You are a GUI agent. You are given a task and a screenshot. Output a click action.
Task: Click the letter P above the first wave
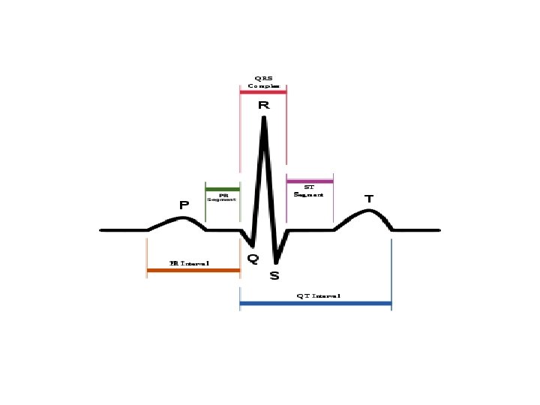(184, 204)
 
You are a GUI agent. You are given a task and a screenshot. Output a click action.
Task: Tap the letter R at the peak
(263, 106)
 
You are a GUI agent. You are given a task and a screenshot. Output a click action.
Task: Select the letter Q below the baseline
(253, 259)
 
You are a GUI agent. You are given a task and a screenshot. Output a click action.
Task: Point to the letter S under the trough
(274, 276)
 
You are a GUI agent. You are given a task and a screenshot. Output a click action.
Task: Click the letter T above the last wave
(368, 199)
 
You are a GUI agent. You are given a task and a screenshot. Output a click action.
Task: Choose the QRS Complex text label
(263, 82)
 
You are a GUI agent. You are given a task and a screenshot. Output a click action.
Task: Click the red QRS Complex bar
(263, 92)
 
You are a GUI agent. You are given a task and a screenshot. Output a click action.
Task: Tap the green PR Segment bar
(222, 189)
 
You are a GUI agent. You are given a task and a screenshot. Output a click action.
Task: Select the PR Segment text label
(222, 198)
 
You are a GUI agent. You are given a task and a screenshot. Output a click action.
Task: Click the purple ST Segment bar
(310, 181)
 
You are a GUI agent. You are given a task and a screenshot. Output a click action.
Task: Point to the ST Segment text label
(309, 190)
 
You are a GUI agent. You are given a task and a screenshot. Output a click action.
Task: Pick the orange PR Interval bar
(193, 269)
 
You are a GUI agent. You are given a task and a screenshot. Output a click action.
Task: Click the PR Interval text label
(190, 263)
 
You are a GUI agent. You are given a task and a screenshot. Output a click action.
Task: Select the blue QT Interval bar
(315, 303)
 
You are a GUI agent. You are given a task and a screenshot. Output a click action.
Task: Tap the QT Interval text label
(318, 296)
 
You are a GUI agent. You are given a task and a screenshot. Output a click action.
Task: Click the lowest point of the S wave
(275, 262)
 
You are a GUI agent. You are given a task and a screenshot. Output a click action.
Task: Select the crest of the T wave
(367, 210)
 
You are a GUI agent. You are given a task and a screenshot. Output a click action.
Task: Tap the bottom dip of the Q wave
(253, 245)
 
